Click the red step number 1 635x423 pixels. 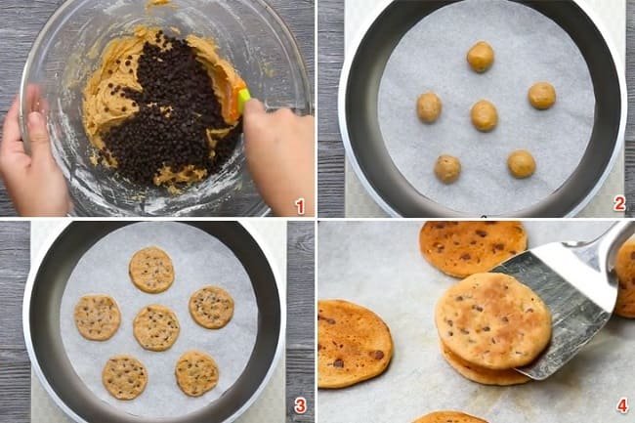(x=300, y=206)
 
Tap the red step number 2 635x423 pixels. (x=619, y=203)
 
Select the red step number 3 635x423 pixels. (x=300, y=405)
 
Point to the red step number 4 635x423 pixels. (x=623, y=405)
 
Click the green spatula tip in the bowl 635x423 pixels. (x=244, y=100)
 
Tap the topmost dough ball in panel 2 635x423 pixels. (x=481, y=57)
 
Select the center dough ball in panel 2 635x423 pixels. (x=484, y=116)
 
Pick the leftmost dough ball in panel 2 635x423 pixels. (x=429, y=107)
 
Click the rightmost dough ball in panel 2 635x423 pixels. (x=542, y=96)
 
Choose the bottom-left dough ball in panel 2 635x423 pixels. (x=447, y=169)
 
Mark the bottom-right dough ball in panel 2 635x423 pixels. (x=522, y=164)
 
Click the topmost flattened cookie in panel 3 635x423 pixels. (x=151, y=270)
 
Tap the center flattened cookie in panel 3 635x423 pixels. (x=156, y=327)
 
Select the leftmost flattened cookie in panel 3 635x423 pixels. (x=97, y=317)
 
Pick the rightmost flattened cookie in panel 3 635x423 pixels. (x=211, y=308)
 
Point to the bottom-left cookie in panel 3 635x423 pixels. (x=125, y=377)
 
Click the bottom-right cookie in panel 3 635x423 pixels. (x=196, y=373)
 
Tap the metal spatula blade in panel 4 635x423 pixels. (x=567, y=308)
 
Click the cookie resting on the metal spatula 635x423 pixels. (x=493, y=320)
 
